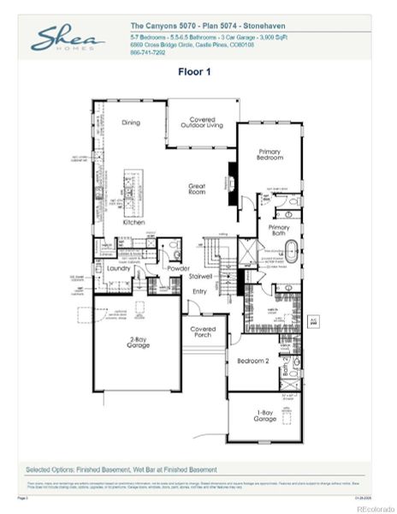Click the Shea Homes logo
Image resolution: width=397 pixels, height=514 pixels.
pos(68,39)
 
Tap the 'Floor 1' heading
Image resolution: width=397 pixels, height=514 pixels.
pos(194,72)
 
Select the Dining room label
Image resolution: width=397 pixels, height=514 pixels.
pos(131,122)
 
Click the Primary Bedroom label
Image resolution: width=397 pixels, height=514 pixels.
pos(270,155)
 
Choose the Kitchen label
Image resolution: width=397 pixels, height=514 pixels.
pos(133,221)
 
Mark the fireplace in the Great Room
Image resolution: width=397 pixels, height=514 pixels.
pos(229,182)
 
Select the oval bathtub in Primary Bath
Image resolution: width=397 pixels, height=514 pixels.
pos(292,254)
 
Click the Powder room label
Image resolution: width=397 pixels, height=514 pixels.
pos(179,267)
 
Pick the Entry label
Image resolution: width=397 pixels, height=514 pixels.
pos(199,292)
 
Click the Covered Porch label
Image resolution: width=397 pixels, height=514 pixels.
pos(203,332)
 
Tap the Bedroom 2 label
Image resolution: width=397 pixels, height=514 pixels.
pos(253,361)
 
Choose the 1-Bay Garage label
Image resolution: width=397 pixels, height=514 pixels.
pos(265,417)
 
